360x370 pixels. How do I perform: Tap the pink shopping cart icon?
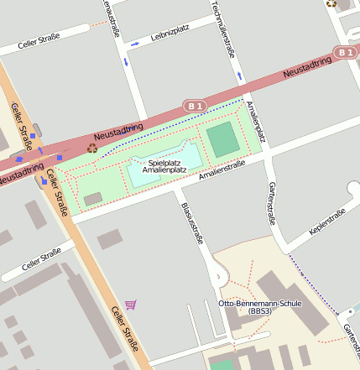(x=130, y=305)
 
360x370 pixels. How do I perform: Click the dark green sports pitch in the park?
(x=223, y=140)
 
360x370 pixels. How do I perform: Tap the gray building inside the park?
(x=92, y=199)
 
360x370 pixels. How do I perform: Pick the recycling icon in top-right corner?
(x=331, y=3)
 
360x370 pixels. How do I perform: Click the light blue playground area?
(x=164, y=164)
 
